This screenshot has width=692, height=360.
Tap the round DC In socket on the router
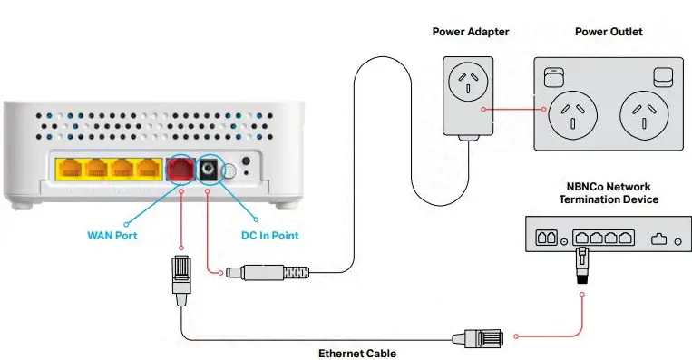(212, 169)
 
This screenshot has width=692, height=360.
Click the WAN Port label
(111, 236)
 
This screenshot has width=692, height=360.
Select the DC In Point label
(267, 236)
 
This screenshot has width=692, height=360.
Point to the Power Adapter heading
(471, 32)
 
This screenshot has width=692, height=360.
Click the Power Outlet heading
(609, 32)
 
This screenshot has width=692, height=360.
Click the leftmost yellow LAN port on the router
(69, 169)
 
